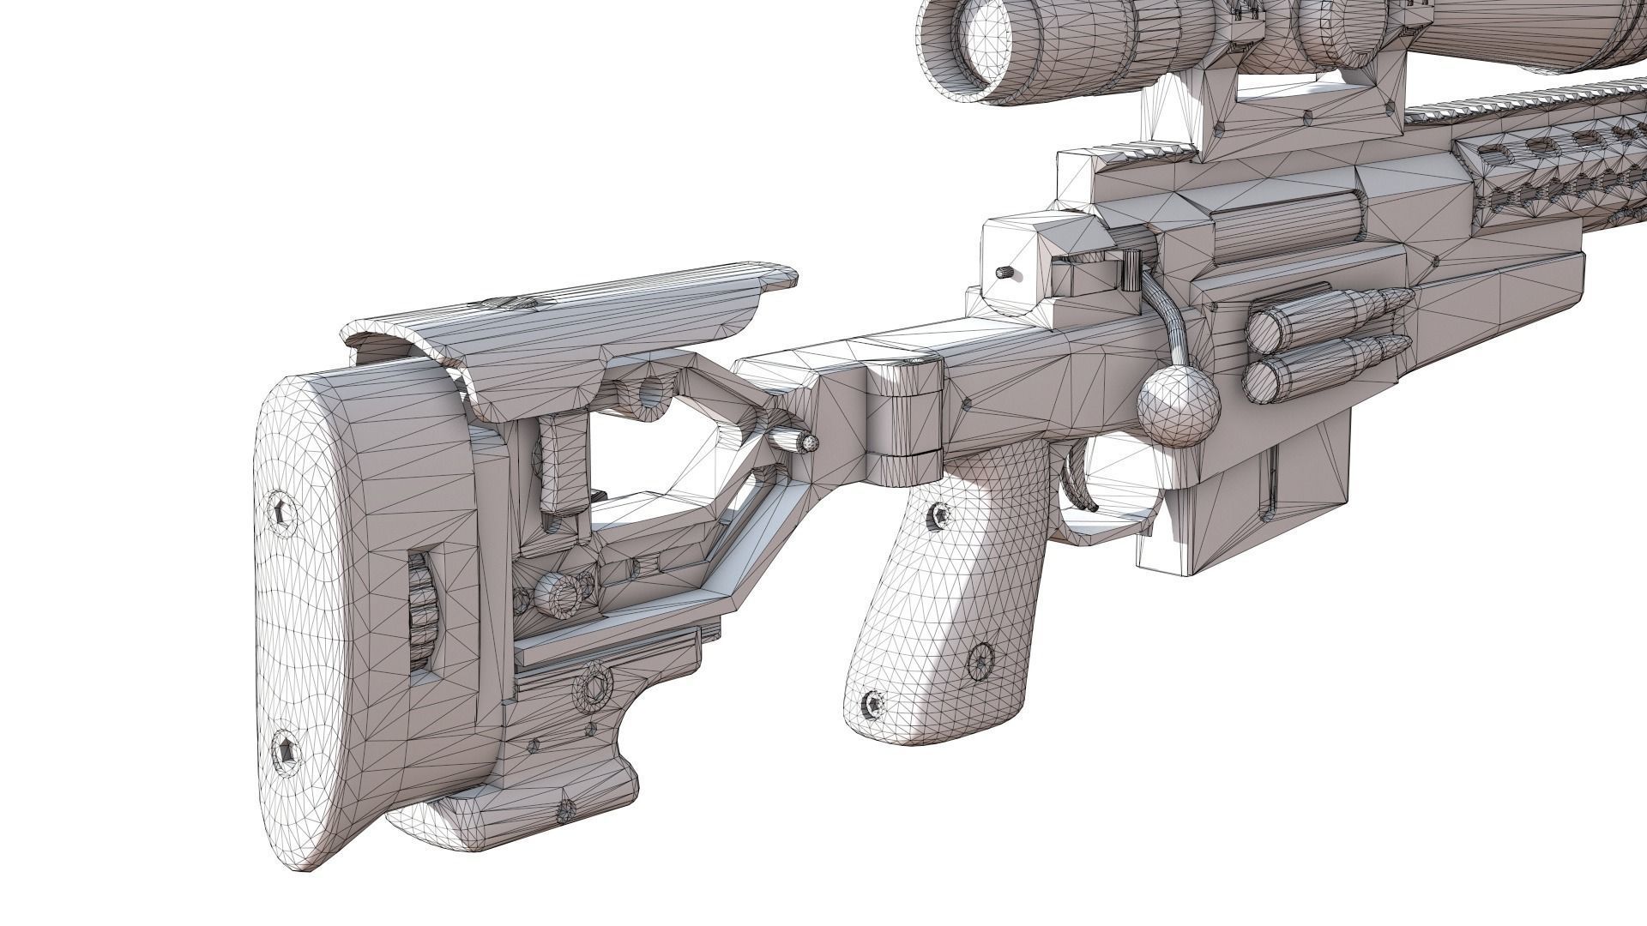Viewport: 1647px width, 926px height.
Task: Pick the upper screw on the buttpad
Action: coord(285,514)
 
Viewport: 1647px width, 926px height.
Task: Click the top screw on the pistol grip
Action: coord(940,514)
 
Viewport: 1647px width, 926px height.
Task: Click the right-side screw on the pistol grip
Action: coord(979,659)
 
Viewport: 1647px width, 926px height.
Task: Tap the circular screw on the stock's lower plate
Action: coord(592,686)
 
